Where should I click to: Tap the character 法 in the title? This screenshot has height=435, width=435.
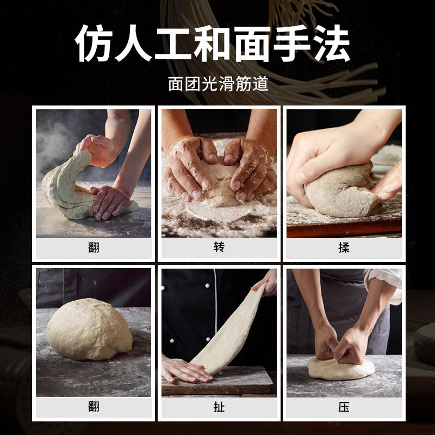pos(331,43)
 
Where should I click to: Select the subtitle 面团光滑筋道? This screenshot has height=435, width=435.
pos(218,84)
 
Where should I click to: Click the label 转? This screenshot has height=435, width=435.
pos(219,247)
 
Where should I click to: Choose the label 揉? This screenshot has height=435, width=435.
pos(344,247)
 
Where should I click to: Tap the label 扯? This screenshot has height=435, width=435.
pos(219,407)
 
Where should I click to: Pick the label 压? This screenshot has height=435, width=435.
pos(344,407)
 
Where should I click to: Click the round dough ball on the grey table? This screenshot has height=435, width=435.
pos(89,329)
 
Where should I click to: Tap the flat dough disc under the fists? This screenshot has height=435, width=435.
pos(340,369)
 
